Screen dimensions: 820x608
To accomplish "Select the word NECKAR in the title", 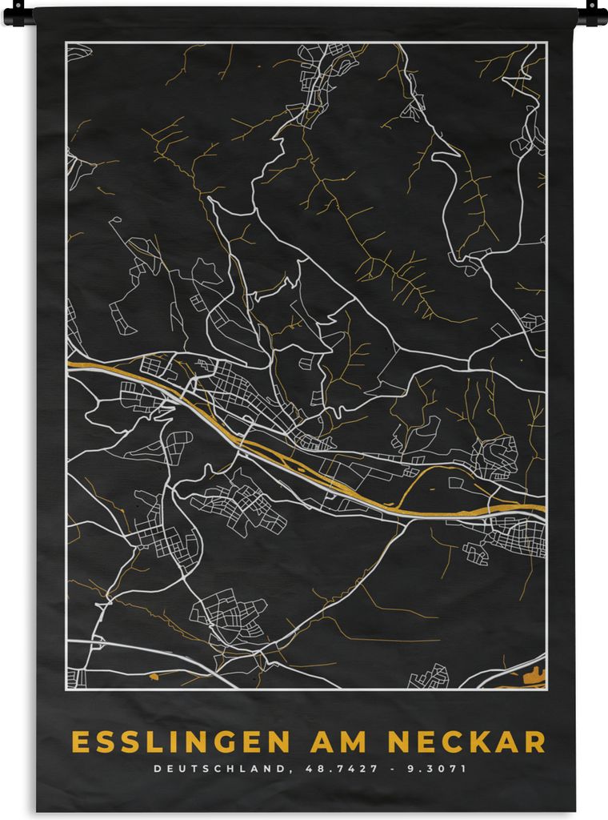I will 467,742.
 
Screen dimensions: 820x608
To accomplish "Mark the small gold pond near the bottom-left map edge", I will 153,677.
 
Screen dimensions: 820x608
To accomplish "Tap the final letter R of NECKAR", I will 537,742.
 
